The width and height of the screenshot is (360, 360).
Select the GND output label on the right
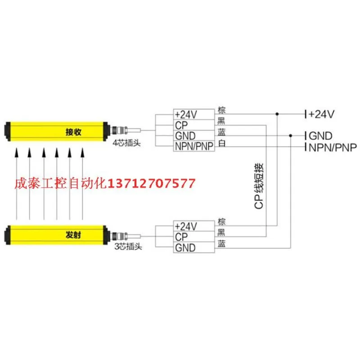[320, 135]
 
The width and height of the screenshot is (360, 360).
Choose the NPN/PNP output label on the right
[332, 147]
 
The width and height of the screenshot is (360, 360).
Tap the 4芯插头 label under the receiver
[123, 144]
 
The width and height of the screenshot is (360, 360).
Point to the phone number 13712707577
[150, 183]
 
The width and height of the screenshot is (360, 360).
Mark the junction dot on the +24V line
[278, 114]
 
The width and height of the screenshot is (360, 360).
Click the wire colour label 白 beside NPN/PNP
[221, 144]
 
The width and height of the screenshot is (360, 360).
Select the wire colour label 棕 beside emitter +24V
[221, 221]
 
